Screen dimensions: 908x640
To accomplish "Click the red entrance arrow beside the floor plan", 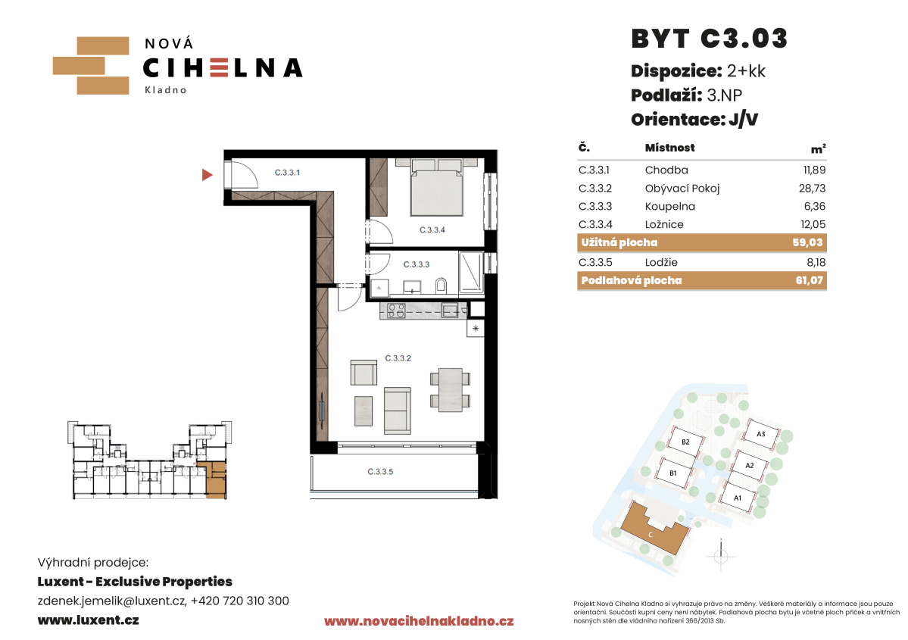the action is (x=207, y=174).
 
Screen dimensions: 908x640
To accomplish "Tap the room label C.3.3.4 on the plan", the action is (x=432, y=230).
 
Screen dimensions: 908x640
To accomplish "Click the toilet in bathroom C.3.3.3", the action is (x=442, y=284).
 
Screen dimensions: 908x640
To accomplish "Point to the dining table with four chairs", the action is (x=450, y=389).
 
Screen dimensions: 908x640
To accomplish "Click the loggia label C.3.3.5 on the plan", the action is (x=380, y=471).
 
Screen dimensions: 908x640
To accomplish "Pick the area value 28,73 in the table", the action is (x=812, y=189).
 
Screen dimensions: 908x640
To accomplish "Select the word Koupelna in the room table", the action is (x=670, y=206).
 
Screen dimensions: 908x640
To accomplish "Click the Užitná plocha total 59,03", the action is (x=807, y=242).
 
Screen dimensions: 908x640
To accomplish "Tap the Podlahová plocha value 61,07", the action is (x=809, y=280).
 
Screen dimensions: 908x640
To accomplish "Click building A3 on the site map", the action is (x=761, y=434).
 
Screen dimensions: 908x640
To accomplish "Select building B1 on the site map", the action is (x=673, y=473).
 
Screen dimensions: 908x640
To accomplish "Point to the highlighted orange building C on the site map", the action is (x=654, y=528).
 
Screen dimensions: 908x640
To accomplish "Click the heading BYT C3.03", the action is (x=710, y=39).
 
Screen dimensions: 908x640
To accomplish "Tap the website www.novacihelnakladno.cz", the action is (x=419, y=622).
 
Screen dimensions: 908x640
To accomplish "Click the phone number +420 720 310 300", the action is (x=240, y=601).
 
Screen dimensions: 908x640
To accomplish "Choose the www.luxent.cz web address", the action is (x=88, y=620).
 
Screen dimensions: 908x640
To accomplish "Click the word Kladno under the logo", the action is (x=166, y=90).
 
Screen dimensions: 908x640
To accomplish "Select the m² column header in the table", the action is (x=818, y=149).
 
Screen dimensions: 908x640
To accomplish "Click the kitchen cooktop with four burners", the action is (x=397, y=311).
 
